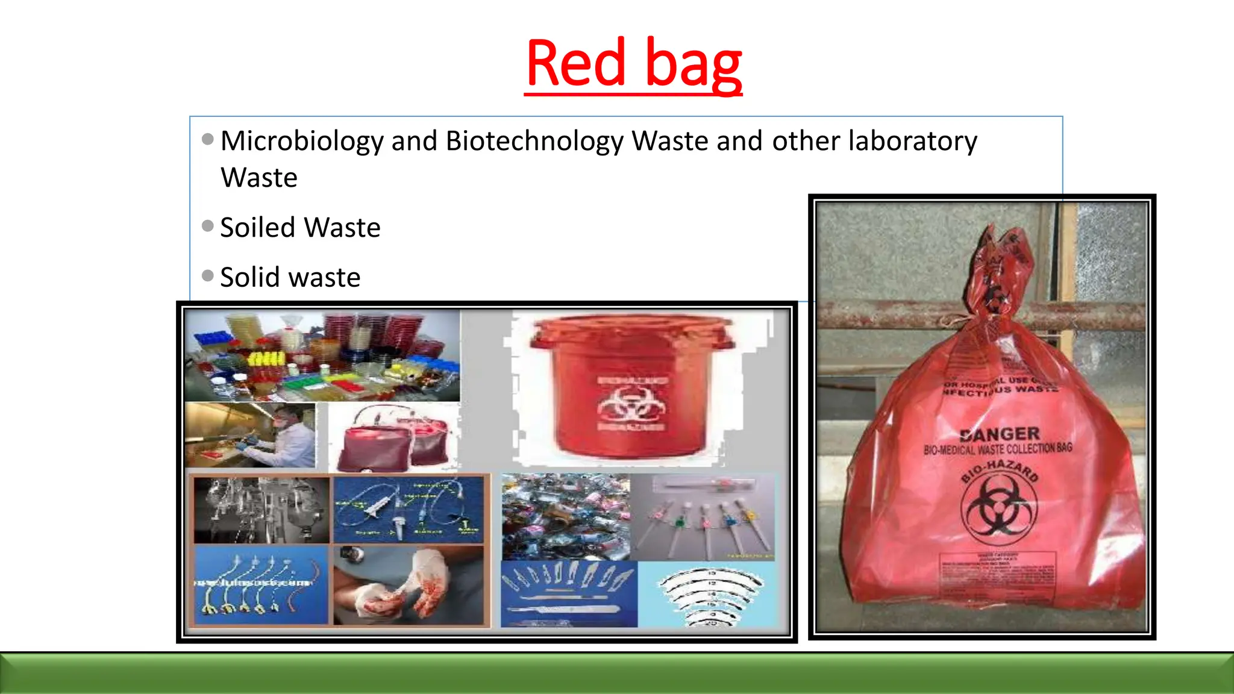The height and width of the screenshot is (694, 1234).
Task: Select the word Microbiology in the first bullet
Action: [x=301, y=142]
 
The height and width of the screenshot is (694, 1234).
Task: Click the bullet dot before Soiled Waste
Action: [x=208, y=226]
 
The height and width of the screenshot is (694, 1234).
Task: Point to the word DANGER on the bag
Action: [x=1000, y=434]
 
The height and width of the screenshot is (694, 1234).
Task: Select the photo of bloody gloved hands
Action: [x=408, y=584]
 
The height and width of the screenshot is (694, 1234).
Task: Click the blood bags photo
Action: [x=395, y=438]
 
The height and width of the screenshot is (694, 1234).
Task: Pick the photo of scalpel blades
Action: [x=568, y=593]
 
